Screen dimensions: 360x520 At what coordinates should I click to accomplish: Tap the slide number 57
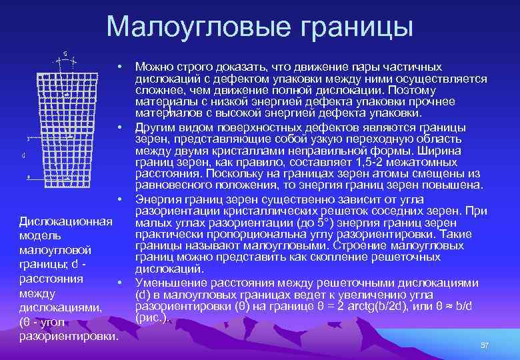click(x=485, y=345)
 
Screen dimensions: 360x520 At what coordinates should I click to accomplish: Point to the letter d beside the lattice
click(x=24, y=155)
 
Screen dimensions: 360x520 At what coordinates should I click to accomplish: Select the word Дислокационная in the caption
click(x=65, y=221)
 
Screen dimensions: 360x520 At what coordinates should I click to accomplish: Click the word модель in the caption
click(x=41, y=235)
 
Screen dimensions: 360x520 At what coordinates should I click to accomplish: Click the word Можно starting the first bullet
click(x=154, y=67)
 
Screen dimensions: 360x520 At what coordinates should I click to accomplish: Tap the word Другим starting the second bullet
click(x=155, y=127)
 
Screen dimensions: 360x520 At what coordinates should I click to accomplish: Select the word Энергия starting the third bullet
click(x=158, y=199)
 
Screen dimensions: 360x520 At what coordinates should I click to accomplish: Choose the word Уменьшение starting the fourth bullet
click(x=169, y=283)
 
